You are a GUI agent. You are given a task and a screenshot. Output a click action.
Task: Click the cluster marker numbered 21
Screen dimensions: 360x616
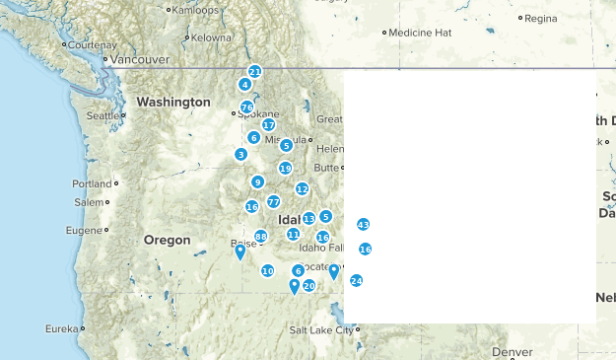[x=254, y=72]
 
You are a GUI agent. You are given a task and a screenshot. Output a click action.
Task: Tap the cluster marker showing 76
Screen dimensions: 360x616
[x=247, y=107]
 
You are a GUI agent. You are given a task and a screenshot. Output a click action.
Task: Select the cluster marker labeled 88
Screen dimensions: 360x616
[x=261, y=236]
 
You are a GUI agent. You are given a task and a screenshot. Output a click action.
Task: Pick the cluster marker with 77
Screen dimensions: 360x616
[x=273, y=201]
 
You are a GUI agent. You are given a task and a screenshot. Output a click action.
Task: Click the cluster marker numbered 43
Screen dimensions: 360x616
[x=363, y=225]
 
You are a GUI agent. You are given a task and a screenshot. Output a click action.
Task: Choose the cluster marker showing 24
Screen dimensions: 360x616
[x=356, y=280]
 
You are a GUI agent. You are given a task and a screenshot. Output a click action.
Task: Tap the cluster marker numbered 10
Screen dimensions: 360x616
[x=267, y=270]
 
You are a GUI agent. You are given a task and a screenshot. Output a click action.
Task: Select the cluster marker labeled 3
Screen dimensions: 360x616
[x=241, y=154]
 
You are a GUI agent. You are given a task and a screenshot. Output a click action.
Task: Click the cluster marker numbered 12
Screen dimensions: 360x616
[x=303, y=188]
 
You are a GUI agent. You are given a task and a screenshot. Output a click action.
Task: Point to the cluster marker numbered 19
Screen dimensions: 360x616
[x=285, y=168]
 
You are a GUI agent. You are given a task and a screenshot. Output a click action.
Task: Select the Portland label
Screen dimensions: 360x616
[x=92, y=183]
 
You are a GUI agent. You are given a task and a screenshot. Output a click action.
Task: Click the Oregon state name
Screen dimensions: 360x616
[x=167, y=240]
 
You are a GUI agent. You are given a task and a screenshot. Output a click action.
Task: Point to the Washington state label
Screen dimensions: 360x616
[x=173, y=102]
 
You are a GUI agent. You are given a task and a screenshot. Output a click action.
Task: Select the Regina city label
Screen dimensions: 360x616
[x=541, y=18]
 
